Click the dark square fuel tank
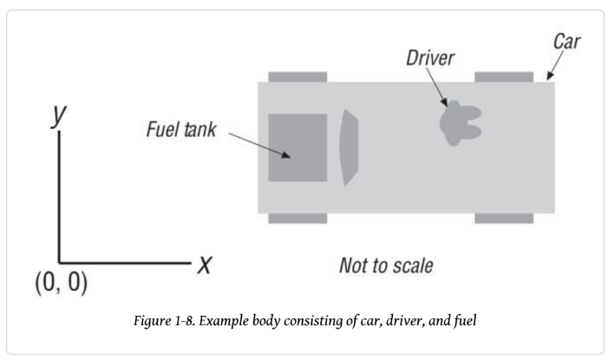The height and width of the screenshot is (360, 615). pyautogui.click(x=297, y=147)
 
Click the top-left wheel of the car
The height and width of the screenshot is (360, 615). pyautogui.click(x=297, y=77)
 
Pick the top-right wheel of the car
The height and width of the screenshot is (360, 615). pyautogui.click(x=503, y=77)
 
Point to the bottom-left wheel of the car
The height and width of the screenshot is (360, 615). pyautogui.click(x=297, y=219)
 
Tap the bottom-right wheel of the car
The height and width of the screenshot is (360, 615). pyautogui.click(x=503, y=219)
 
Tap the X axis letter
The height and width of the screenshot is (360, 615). pyautogui.click(x=205, y=263)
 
